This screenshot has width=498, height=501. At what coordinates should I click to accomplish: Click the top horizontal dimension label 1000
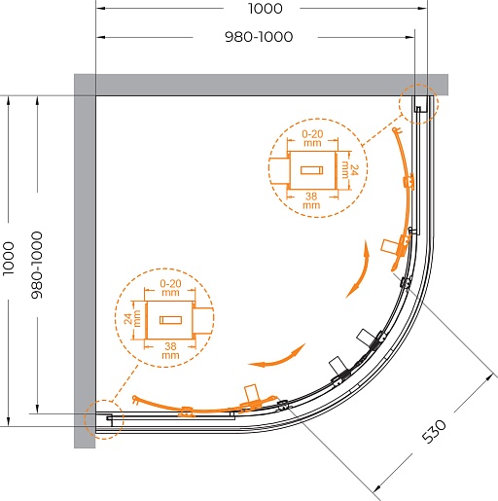266,9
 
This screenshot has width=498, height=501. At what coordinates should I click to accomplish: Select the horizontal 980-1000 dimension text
259,37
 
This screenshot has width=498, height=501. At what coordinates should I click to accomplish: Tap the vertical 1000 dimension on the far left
9,259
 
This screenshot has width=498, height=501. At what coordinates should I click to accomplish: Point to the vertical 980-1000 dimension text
37,265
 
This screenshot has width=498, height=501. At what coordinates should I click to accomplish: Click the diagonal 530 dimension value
434,431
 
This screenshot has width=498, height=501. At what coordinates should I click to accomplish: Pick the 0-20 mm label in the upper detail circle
312,138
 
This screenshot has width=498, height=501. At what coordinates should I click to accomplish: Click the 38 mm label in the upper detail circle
311,200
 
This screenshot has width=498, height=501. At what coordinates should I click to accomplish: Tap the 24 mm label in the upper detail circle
350,170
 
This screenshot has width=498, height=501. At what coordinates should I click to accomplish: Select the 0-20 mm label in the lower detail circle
170,288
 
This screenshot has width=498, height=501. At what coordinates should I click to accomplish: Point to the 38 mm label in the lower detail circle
170,350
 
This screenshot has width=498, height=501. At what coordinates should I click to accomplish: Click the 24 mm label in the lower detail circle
132,318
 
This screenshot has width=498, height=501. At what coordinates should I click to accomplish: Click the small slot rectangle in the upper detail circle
311,170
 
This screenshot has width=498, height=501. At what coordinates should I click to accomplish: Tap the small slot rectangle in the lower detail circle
170,320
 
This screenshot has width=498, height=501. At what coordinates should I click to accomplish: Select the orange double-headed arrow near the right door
358,269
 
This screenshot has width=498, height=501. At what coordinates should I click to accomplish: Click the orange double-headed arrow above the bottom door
277,357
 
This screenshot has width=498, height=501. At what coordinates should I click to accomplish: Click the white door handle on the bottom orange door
252,393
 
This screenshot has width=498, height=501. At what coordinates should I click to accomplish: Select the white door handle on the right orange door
388,246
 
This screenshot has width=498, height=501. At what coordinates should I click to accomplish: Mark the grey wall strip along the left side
85,261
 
